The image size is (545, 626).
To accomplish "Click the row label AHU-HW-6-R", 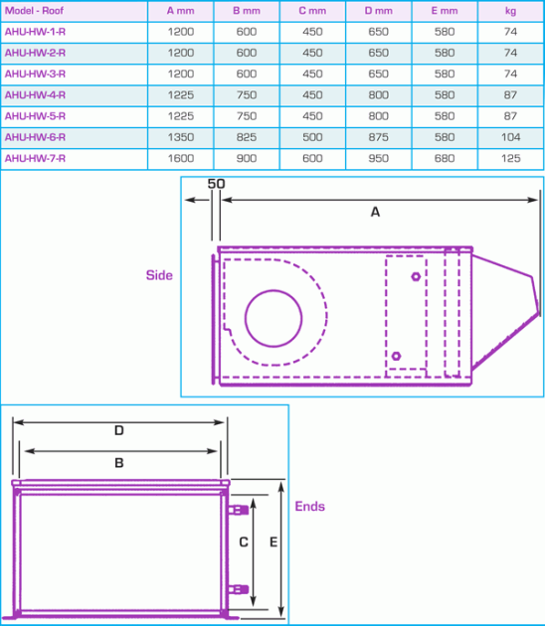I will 35,137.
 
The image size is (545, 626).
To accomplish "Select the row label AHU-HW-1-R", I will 35,32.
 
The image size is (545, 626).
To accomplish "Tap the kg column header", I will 511,11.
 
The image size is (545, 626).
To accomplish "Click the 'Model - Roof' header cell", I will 35,11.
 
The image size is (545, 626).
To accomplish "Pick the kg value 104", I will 511,137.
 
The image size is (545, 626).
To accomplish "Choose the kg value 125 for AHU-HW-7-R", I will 511,158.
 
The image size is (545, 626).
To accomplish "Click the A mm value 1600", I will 180,158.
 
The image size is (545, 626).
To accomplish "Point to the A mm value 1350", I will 180,137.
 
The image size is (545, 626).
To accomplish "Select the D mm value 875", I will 378,137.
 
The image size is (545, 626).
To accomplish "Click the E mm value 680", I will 445,158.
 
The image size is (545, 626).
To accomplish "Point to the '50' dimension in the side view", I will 217,185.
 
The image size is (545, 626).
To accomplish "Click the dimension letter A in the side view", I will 375,212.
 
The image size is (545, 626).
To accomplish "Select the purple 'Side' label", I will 159,275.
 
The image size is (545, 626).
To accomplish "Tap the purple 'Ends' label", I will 310,506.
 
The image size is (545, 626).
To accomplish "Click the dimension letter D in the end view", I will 118,431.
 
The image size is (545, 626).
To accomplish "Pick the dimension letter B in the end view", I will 118,462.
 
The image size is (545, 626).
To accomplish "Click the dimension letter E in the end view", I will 272,544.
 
